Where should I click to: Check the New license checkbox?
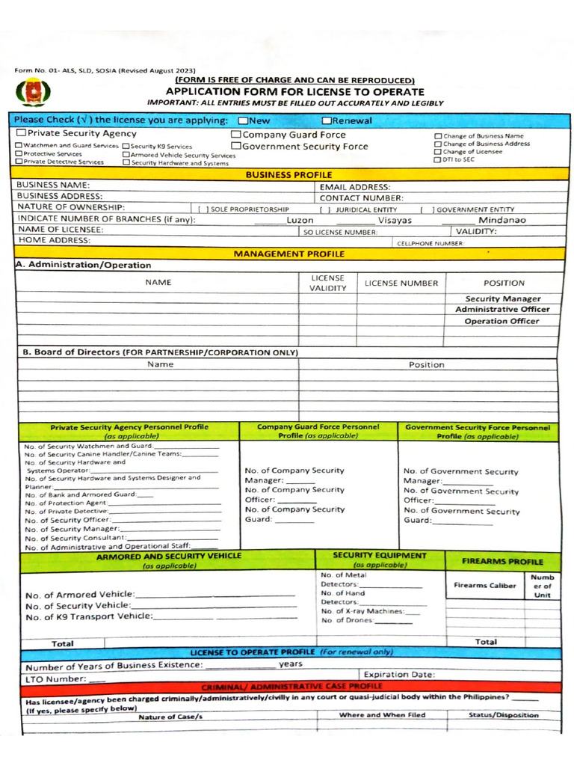pyautogui.click(x=243, y=120)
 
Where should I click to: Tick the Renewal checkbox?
pyautogui.click(x=327, y=120)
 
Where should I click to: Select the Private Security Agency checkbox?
pyautogui.click(x=21, y=133)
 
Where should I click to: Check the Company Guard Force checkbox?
pyautogui.click(x=235, y=135)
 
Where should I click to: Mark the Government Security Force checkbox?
pyautogui.click(x=235, y=147)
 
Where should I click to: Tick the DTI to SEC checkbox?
pyautogui.click(x=438, y=159)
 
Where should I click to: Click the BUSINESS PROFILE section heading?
pyautogui.click(x=288, y=175)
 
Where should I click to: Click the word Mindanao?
pyautogui.click(x=502, y=220)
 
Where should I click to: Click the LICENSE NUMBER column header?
pyautogui.click(x=401, y=284)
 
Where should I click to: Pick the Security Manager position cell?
pyautogui.click(x=503, y=298)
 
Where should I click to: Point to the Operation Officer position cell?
pyautogui.click(x=502, y=321)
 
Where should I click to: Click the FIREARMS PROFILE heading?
pyautogui.click(x=502, y=561)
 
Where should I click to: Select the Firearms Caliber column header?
pyautogui.click(x=484, y=585)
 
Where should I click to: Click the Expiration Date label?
pyautogui.click(x=398, y=674)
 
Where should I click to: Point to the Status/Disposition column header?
pyautogui.click(x=503, y=715)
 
